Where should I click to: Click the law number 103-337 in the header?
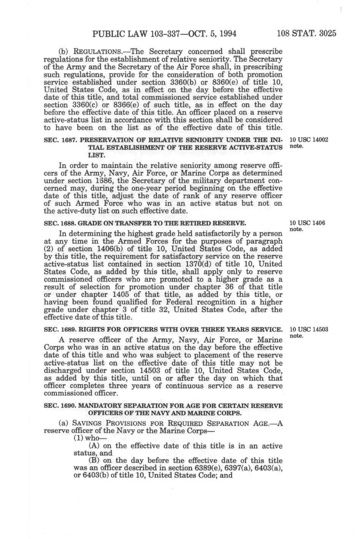(164, 33)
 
